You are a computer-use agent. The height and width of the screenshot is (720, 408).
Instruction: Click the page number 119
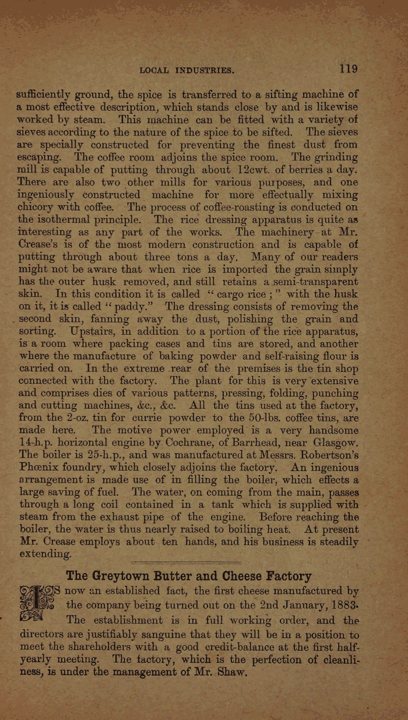(x=348, y=69)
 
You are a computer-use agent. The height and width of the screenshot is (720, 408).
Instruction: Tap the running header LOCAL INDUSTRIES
(x=187, y=71)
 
